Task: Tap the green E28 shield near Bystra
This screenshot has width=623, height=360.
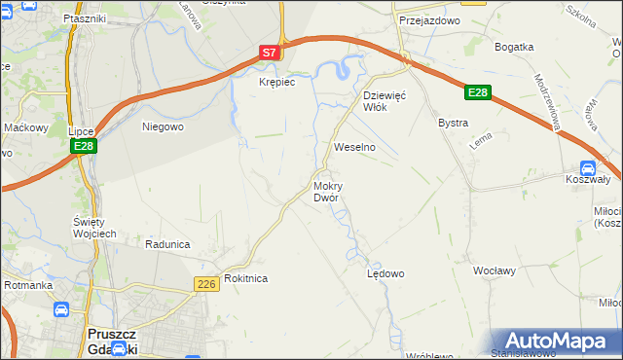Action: pos(477,92)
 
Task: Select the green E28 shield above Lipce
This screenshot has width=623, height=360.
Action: pos(83,146)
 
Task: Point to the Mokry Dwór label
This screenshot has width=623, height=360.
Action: pos(326,191)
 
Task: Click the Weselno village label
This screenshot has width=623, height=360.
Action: pos(354,147)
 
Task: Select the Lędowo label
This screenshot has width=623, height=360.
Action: pos(385,273)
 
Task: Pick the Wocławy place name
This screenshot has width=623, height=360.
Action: pos(494,270)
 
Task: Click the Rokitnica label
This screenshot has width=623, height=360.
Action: pos(245,278)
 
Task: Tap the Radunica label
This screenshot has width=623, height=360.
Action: pos(165,244)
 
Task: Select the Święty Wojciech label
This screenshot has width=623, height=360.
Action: pos(94,227)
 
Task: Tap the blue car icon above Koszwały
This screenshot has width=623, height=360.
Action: pos(587,166)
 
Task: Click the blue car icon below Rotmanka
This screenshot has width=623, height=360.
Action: pos(61,310)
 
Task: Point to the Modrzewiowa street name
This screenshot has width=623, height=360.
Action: pos(554,101)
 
